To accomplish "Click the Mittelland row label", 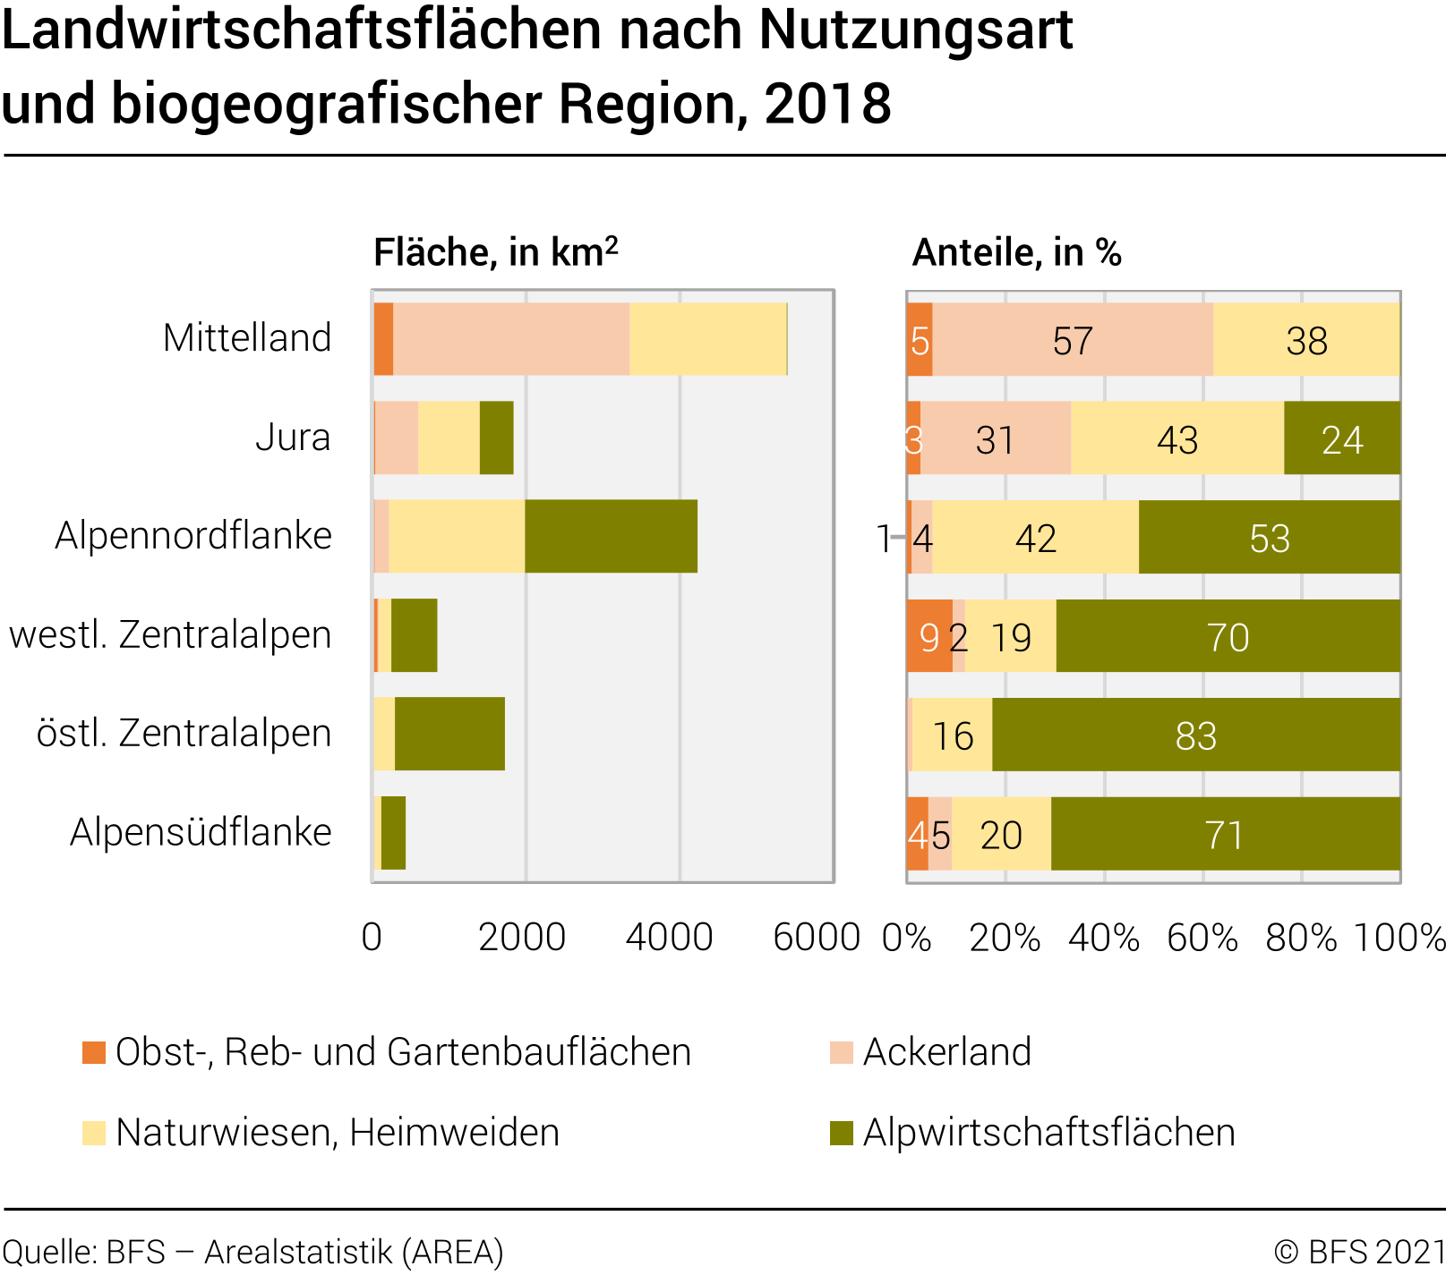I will [247, 338].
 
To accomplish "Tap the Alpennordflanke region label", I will [193, 536].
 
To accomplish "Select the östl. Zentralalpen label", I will [184, 733].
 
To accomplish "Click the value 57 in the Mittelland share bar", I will [1073, 341].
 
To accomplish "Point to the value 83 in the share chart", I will [1195, 736].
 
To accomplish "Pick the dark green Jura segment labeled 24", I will [1342, 439].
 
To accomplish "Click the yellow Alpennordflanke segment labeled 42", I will [1036, 539].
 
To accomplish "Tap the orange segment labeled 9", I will [928, 637].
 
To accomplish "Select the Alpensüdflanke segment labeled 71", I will [1225, 835].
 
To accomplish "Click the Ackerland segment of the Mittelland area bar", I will [510, 339].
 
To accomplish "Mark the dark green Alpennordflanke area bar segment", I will [611, 537].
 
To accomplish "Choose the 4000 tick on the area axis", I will [669, 937].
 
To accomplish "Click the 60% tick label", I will [1202, 938].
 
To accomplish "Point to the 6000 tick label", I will [816, 937].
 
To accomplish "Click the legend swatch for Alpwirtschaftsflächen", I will [842, 1133].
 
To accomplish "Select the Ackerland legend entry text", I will [947, 1052].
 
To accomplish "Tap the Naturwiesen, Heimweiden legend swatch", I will [94, 1133].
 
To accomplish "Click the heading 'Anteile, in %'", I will [1016, 253].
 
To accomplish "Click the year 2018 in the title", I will [828, 104].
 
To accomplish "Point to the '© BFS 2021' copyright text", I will [1359, 1251].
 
